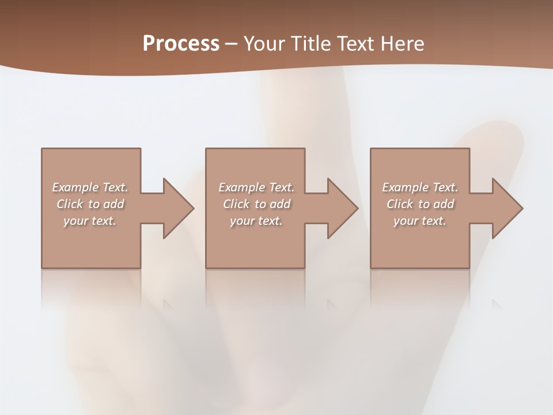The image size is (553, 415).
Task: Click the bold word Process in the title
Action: pyautogui.click(x=181, y=44)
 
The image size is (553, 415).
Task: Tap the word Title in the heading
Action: pyautogui.click(x=310, y=44)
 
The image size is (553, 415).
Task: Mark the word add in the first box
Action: pyautogui.click(x=113, y=204)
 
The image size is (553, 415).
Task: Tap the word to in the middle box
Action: pyautogui.click(x=260, y=204)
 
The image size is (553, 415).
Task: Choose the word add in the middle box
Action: pyautogui.click(x=280, y=204)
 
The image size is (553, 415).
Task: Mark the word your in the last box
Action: pyautogui.click(x=406, y=221)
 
